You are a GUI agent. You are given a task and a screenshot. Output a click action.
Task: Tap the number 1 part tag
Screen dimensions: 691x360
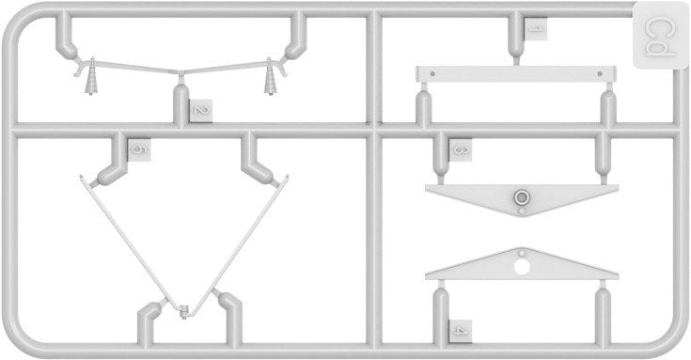click(535, 29)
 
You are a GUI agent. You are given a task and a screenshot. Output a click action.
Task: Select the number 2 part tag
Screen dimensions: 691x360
click(200, 111)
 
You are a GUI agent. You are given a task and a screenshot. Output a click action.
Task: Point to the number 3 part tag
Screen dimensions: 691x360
click(460, 149)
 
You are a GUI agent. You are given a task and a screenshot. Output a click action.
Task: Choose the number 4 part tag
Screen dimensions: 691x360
click(460, 332)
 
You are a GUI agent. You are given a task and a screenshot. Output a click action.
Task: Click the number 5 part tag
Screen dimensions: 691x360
click(139, 149)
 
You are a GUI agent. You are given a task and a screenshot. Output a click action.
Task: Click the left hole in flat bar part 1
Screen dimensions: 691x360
click(432, 72)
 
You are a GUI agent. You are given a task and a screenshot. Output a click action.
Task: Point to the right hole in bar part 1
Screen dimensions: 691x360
click(600, 73)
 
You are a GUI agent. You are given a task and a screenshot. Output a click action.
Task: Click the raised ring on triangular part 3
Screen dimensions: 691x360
click(522, 197)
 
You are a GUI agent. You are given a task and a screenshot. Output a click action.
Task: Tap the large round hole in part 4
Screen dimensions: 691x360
click(522, 267)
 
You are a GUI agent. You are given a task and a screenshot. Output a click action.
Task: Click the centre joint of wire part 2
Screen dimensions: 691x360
click(181, 71)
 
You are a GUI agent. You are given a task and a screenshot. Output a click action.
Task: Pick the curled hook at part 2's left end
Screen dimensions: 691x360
click(79, 70)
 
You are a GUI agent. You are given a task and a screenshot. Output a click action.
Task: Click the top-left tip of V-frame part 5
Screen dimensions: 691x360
click(81, 177)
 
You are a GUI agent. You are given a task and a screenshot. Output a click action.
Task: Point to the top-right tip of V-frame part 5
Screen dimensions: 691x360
click(288, 177)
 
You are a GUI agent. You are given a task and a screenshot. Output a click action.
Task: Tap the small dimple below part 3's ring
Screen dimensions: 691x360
click(522, 211)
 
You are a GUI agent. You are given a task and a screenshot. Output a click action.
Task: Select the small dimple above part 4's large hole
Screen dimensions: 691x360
click(522, 254)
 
